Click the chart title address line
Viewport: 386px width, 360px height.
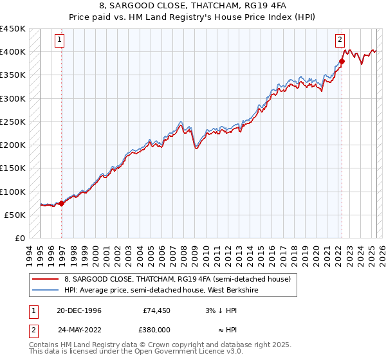pyautogui.click(x=192, y=6)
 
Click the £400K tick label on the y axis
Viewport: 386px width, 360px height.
pyautogui.click(x=13, y=52)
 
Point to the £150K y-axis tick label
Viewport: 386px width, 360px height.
pyautogui.click(x=13, y=168)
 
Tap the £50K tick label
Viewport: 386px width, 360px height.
pyautogui.click(x=15, y=215)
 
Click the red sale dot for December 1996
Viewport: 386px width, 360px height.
pyautogui.click(x=62, y=203)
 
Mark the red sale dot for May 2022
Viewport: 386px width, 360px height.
pyautogui.click(x=342, y=62)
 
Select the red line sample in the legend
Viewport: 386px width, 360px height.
pyautogui.click(x=46, y=280)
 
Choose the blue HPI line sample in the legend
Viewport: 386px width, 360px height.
pyautogui.click(x=46, y=290)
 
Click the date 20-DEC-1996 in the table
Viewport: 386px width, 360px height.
pyautogui.click(x=79, y=310)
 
